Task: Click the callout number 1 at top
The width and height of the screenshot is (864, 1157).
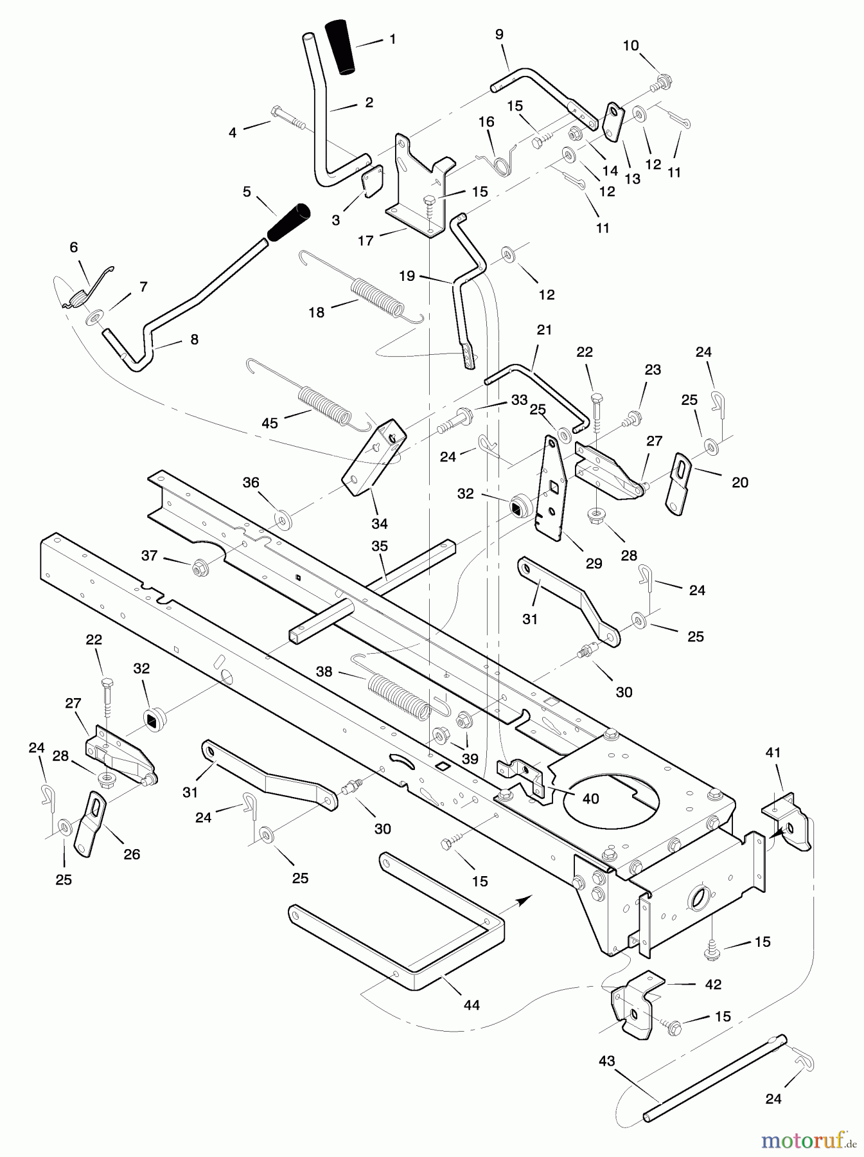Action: click(x=392, y=39)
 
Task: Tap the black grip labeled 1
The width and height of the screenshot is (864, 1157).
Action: click(x=341, y=47)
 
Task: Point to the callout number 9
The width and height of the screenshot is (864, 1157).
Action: click(x=500, y=35)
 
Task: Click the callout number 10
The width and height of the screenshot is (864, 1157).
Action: click(x=631, y=46)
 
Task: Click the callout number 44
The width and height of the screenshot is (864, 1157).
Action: click(x=472, y=1005)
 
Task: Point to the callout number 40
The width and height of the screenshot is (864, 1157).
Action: click(x=590, y=799)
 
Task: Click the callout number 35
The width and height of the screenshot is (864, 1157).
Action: click(x=380, y=546)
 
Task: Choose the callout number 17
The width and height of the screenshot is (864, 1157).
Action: click(x=366, y=240)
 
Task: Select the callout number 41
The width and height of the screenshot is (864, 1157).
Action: click(x=773, y=752)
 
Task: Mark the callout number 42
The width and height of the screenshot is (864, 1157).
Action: click(x=713, y=984)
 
